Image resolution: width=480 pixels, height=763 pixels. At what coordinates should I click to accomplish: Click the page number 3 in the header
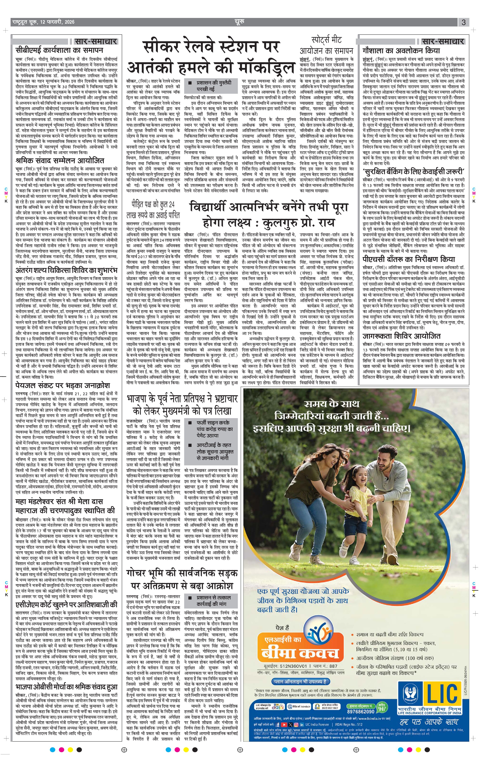coord(464,22)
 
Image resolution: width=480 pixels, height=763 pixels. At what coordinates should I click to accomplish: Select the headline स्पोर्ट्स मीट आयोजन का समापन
coord(326,45)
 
